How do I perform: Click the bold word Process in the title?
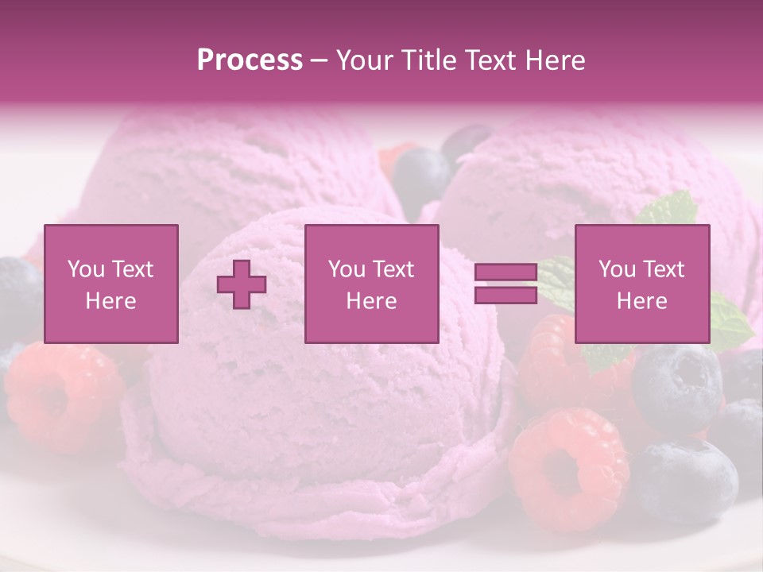click(250, 60)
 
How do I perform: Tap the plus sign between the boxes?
click(242, 284)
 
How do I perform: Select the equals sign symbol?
click(505, 284)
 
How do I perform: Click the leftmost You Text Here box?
click(111, 284)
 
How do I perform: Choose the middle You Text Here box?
click(371, 284)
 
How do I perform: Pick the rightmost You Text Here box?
click(642, 284)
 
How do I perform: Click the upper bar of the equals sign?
click(505, 272)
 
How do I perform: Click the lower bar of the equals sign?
click(505, 295)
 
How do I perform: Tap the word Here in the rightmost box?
click(642, 300)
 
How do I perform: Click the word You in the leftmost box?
click(85, 269)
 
